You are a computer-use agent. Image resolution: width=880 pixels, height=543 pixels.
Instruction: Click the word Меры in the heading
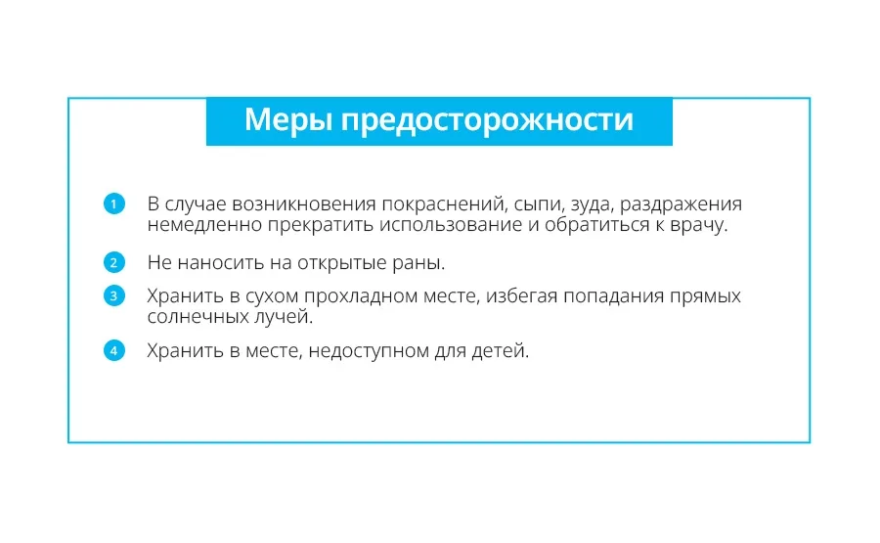coord(288,119)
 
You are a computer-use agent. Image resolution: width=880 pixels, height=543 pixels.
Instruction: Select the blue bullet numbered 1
coord(114,204)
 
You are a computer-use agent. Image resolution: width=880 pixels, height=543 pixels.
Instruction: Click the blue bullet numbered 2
coord(114,262)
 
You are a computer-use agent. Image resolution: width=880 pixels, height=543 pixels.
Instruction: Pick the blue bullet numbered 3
coord(114,295)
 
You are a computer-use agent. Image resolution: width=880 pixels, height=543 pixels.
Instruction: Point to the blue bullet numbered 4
coord(114,351)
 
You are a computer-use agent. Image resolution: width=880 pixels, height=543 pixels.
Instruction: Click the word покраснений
coord(445,204)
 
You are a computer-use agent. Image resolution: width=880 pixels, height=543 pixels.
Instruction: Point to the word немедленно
coord(204,225)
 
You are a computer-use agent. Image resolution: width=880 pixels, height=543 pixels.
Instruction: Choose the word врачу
coord(699,226)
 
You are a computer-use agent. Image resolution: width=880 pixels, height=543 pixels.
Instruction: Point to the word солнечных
coord(198,317)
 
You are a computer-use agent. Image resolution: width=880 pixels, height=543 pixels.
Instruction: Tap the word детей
coord(500,351)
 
